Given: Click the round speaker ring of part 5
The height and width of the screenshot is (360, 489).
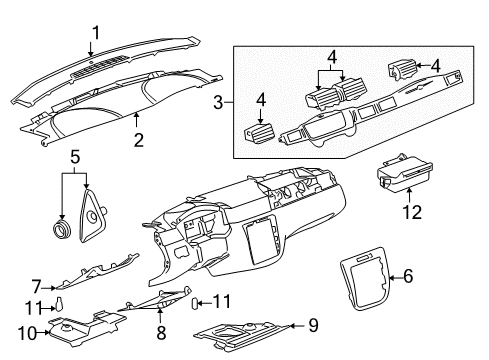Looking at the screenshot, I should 63,229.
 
